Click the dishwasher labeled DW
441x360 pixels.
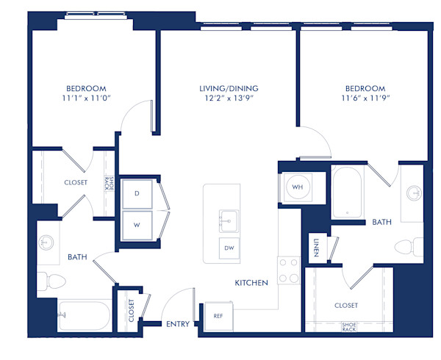229,249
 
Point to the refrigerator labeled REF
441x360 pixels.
218,316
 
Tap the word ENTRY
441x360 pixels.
178,324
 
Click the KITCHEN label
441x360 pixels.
251,283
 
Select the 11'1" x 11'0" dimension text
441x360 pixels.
85,97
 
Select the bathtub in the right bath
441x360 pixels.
345,192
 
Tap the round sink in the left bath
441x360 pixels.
47,242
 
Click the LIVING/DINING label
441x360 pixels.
229,88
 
